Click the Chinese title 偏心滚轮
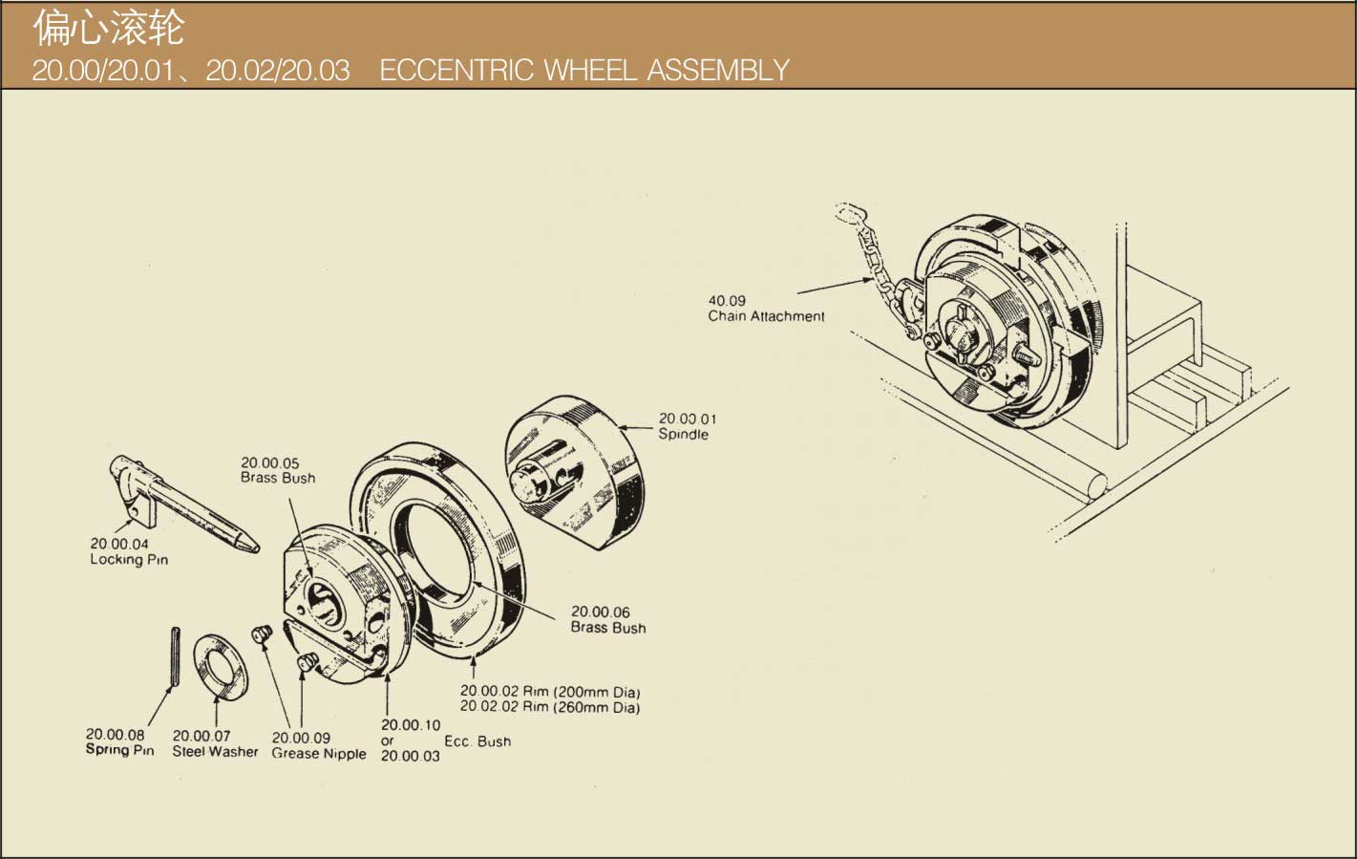tap(108, 29)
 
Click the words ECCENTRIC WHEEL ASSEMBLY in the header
tap(583, 70)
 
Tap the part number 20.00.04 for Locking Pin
tap(119, 544)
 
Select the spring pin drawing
tap(175, 655)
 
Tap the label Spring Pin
tap(119, 750)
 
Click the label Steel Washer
tap(215, 752)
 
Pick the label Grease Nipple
tap(319, 754)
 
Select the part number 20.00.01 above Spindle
tap(687, 419)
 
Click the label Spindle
tap(683, 434)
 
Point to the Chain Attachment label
tap(766, 316)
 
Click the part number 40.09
tap(727, 300)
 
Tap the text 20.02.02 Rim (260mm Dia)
tap(550, 708)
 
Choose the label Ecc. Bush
tap(477, 741)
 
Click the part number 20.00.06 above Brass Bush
tap(600, 612)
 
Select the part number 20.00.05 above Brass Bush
tap(269, 462)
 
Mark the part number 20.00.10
tap(411, 725)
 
